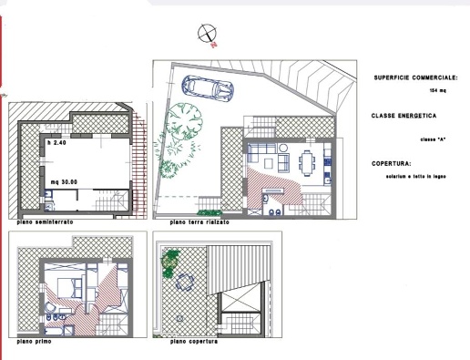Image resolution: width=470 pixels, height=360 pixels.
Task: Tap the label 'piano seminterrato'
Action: [45, 222]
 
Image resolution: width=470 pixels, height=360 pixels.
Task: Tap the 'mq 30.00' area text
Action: [64, 181]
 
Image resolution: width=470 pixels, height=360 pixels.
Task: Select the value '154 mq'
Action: [436, 91]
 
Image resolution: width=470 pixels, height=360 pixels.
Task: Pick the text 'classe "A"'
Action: [433, 138]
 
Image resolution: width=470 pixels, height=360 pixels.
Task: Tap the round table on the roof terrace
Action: [184, 282]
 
